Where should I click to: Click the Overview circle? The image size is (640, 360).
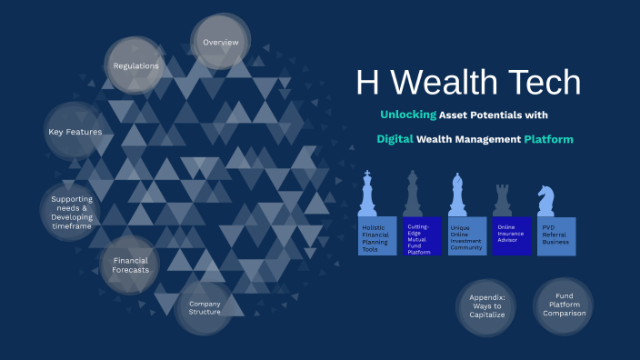pyautogui.click(x=221, y=43)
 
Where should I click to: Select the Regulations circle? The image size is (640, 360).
pyautogui.click(x=136, y=65)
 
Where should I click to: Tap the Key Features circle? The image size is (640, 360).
pyautogui.click(x=75, y=132)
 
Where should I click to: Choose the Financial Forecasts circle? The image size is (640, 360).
pyautogui.click(x=130, y=265)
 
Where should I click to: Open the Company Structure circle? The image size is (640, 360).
pyautogui.click(x=205, y=307)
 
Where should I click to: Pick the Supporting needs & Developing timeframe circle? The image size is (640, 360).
pyautogui.click(x=71, y=211)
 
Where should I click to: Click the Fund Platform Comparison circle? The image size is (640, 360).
pyautogui.click(x=564, y=306)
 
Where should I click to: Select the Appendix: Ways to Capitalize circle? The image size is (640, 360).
pyautogui.click(x=485, y=307)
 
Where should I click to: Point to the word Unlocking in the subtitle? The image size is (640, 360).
pyautogui.click(x=407, y=115)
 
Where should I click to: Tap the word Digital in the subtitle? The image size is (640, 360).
pyautogui.click(x=395, y=139)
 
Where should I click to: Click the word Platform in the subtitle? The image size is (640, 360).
pyautogui.click(x=548, y=139)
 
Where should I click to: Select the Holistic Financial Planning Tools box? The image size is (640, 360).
pyautogui.click(x=377, y=235)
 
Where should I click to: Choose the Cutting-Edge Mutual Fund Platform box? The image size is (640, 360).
pyautogui.click(x=422, y=235)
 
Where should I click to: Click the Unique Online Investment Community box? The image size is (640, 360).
pyautogui.click(x=466, y=235)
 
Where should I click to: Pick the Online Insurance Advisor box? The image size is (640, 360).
pyautogui.click(x=511, y=235)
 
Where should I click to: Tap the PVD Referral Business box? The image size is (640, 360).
pyautogui.click(x=556, y=235)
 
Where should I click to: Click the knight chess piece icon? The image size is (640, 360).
pyautogui.click(x=546, y=198)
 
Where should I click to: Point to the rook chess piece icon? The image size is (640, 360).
pyautogui.click(x=502, y=198)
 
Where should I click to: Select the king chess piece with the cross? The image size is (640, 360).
pyautogui.click(x=368, y=193)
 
